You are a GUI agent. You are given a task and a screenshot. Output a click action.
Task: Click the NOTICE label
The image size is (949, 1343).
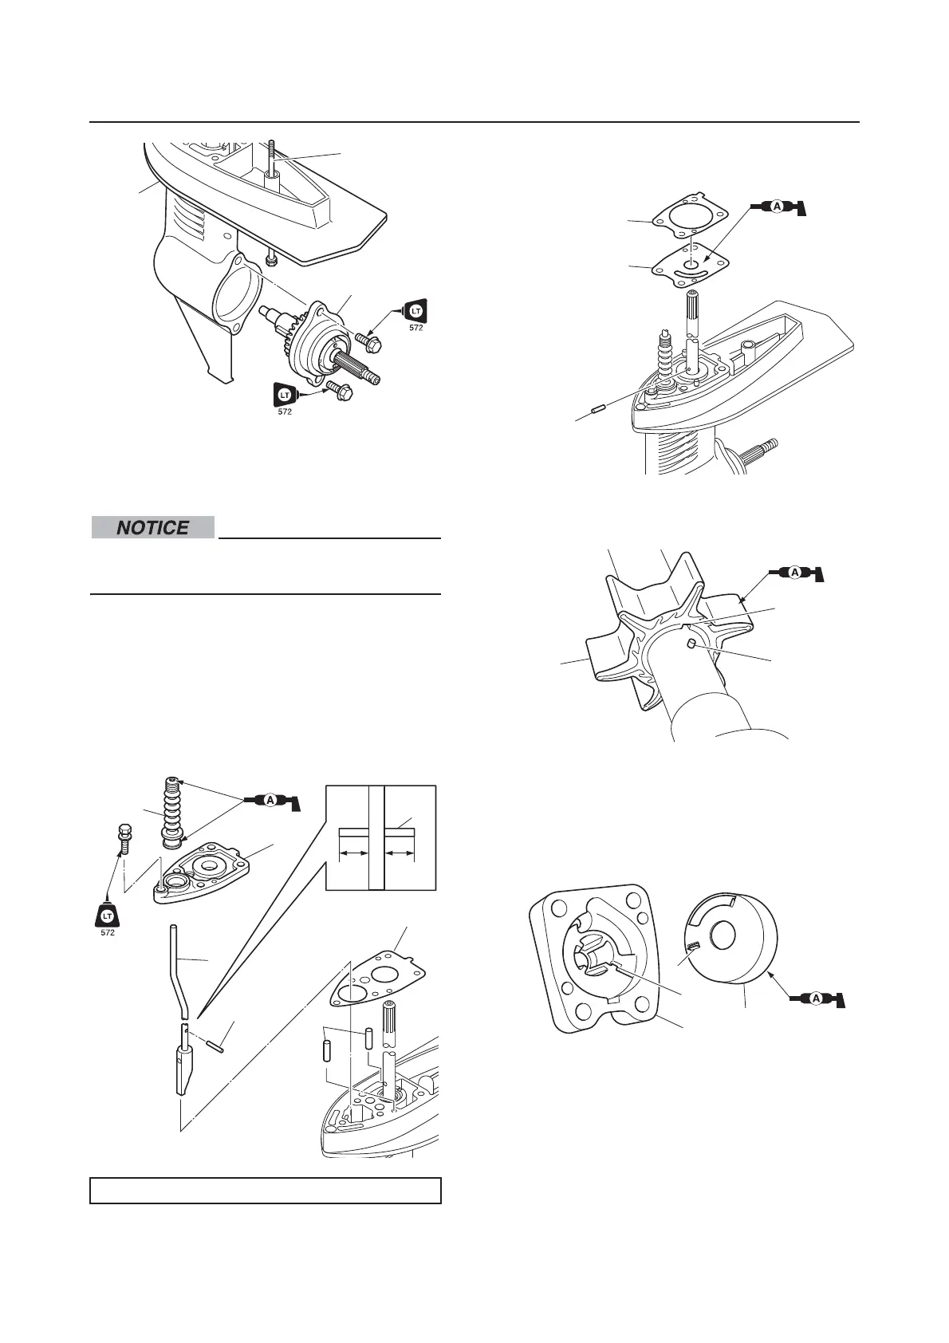(x=152, y=527)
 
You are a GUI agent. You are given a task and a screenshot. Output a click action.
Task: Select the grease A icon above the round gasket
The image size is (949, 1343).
(x=778, y=207)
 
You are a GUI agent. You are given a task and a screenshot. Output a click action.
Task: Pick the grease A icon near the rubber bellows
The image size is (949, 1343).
(x=270, y=800)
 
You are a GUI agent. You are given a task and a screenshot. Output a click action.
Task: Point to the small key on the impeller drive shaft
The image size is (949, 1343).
(x=691, y=644)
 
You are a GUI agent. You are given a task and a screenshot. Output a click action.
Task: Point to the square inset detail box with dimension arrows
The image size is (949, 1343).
(x=380, y=837)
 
